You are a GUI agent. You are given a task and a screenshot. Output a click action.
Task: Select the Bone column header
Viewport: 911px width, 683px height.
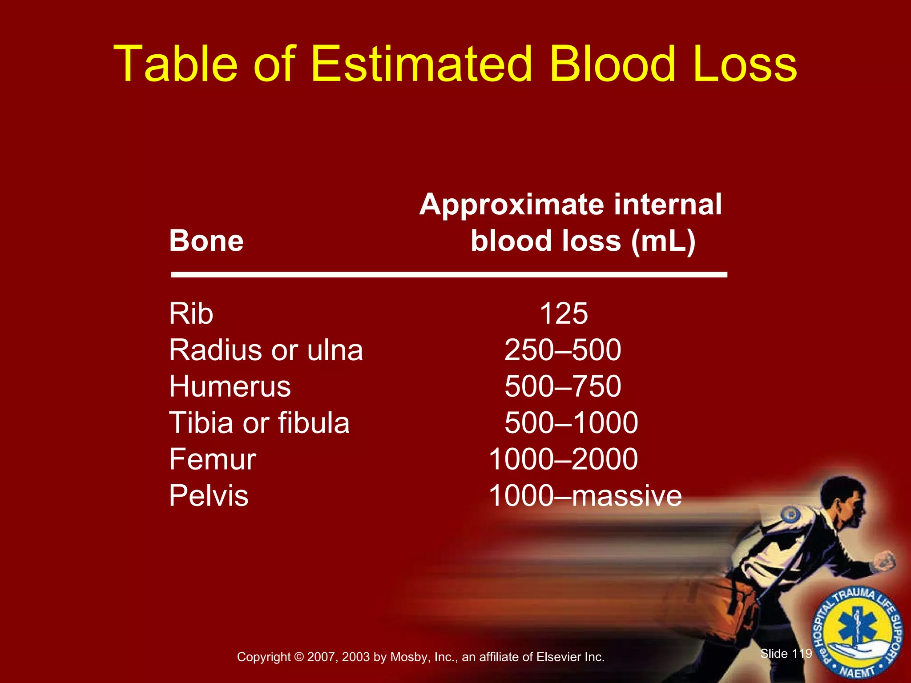click(x=206, y=241)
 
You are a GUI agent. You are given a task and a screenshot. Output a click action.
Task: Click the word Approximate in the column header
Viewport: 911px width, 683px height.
click(x=510, y=205)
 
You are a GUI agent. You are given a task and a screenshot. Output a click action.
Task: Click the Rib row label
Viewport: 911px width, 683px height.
click(x=191, y=313)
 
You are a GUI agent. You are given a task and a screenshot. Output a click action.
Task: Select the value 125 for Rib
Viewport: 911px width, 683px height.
click(x=564, y=313)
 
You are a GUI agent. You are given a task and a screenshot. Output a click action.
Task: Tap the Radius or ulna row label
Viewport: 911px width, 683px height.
click(x=266, y=350)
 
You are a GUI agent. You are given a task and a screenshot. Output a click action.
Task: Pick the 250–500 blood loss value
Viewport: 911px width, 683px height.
click(x=563, y=350)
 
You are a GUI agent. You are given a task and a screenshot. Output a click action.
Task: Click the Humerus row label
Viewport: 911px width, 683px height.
click(x=230, y=386)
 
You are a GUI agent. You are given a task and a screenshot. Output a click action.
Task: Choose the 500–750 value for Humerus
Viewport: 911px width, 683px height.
click(x=563, y=386)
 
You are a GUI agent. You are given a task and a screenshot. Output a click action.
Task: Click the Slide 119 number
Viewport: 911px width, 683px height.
click(x=786, y=653)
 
